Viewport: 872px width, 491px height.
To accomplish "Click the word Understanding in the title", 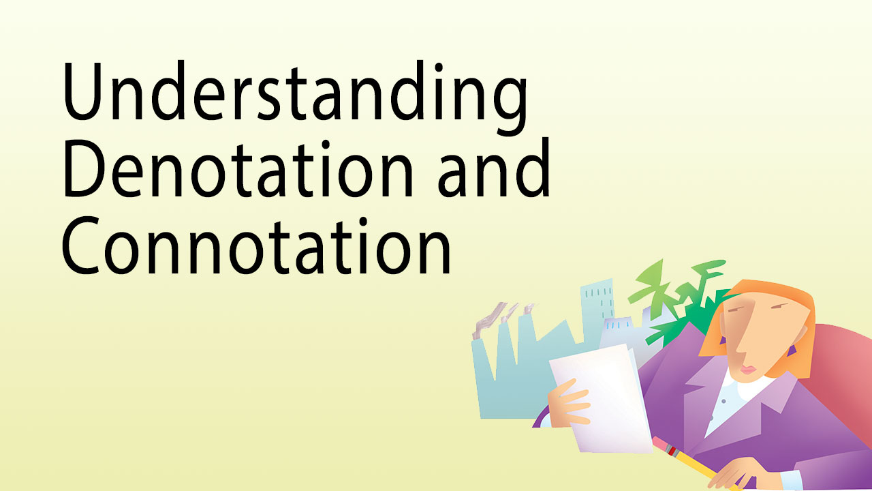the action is click(295, 98).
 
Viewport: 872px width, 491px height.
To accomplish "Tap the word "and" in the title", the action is click(494, 168).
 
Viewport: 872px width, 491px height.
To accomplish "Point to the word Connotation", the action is click(255, 246).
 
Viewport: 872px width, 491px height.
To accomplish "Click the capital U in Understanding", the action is click(82, 91).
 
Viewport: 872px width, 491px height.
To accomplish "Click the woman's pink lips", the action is click(747, 370).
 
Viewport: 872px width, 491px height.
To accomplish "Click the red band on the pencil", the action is click(672, 451).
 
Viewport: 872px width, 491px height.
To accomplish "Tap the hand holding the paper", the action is click(569, 403).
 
